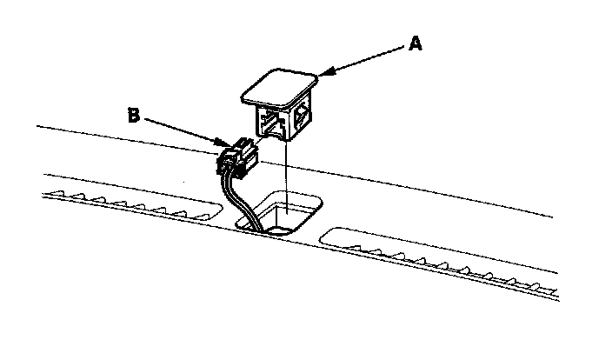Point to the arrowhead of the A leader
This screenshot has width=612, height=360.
coord(321,75)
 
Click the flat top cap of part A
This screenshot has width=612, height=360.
coord(278,86)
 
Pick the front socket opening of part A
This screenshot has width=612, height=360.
coord(271,123)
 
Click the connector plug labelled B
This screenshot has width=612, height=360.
coord(237,157)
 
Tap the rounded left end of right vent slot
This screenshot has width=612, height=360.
coord(325,235)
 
